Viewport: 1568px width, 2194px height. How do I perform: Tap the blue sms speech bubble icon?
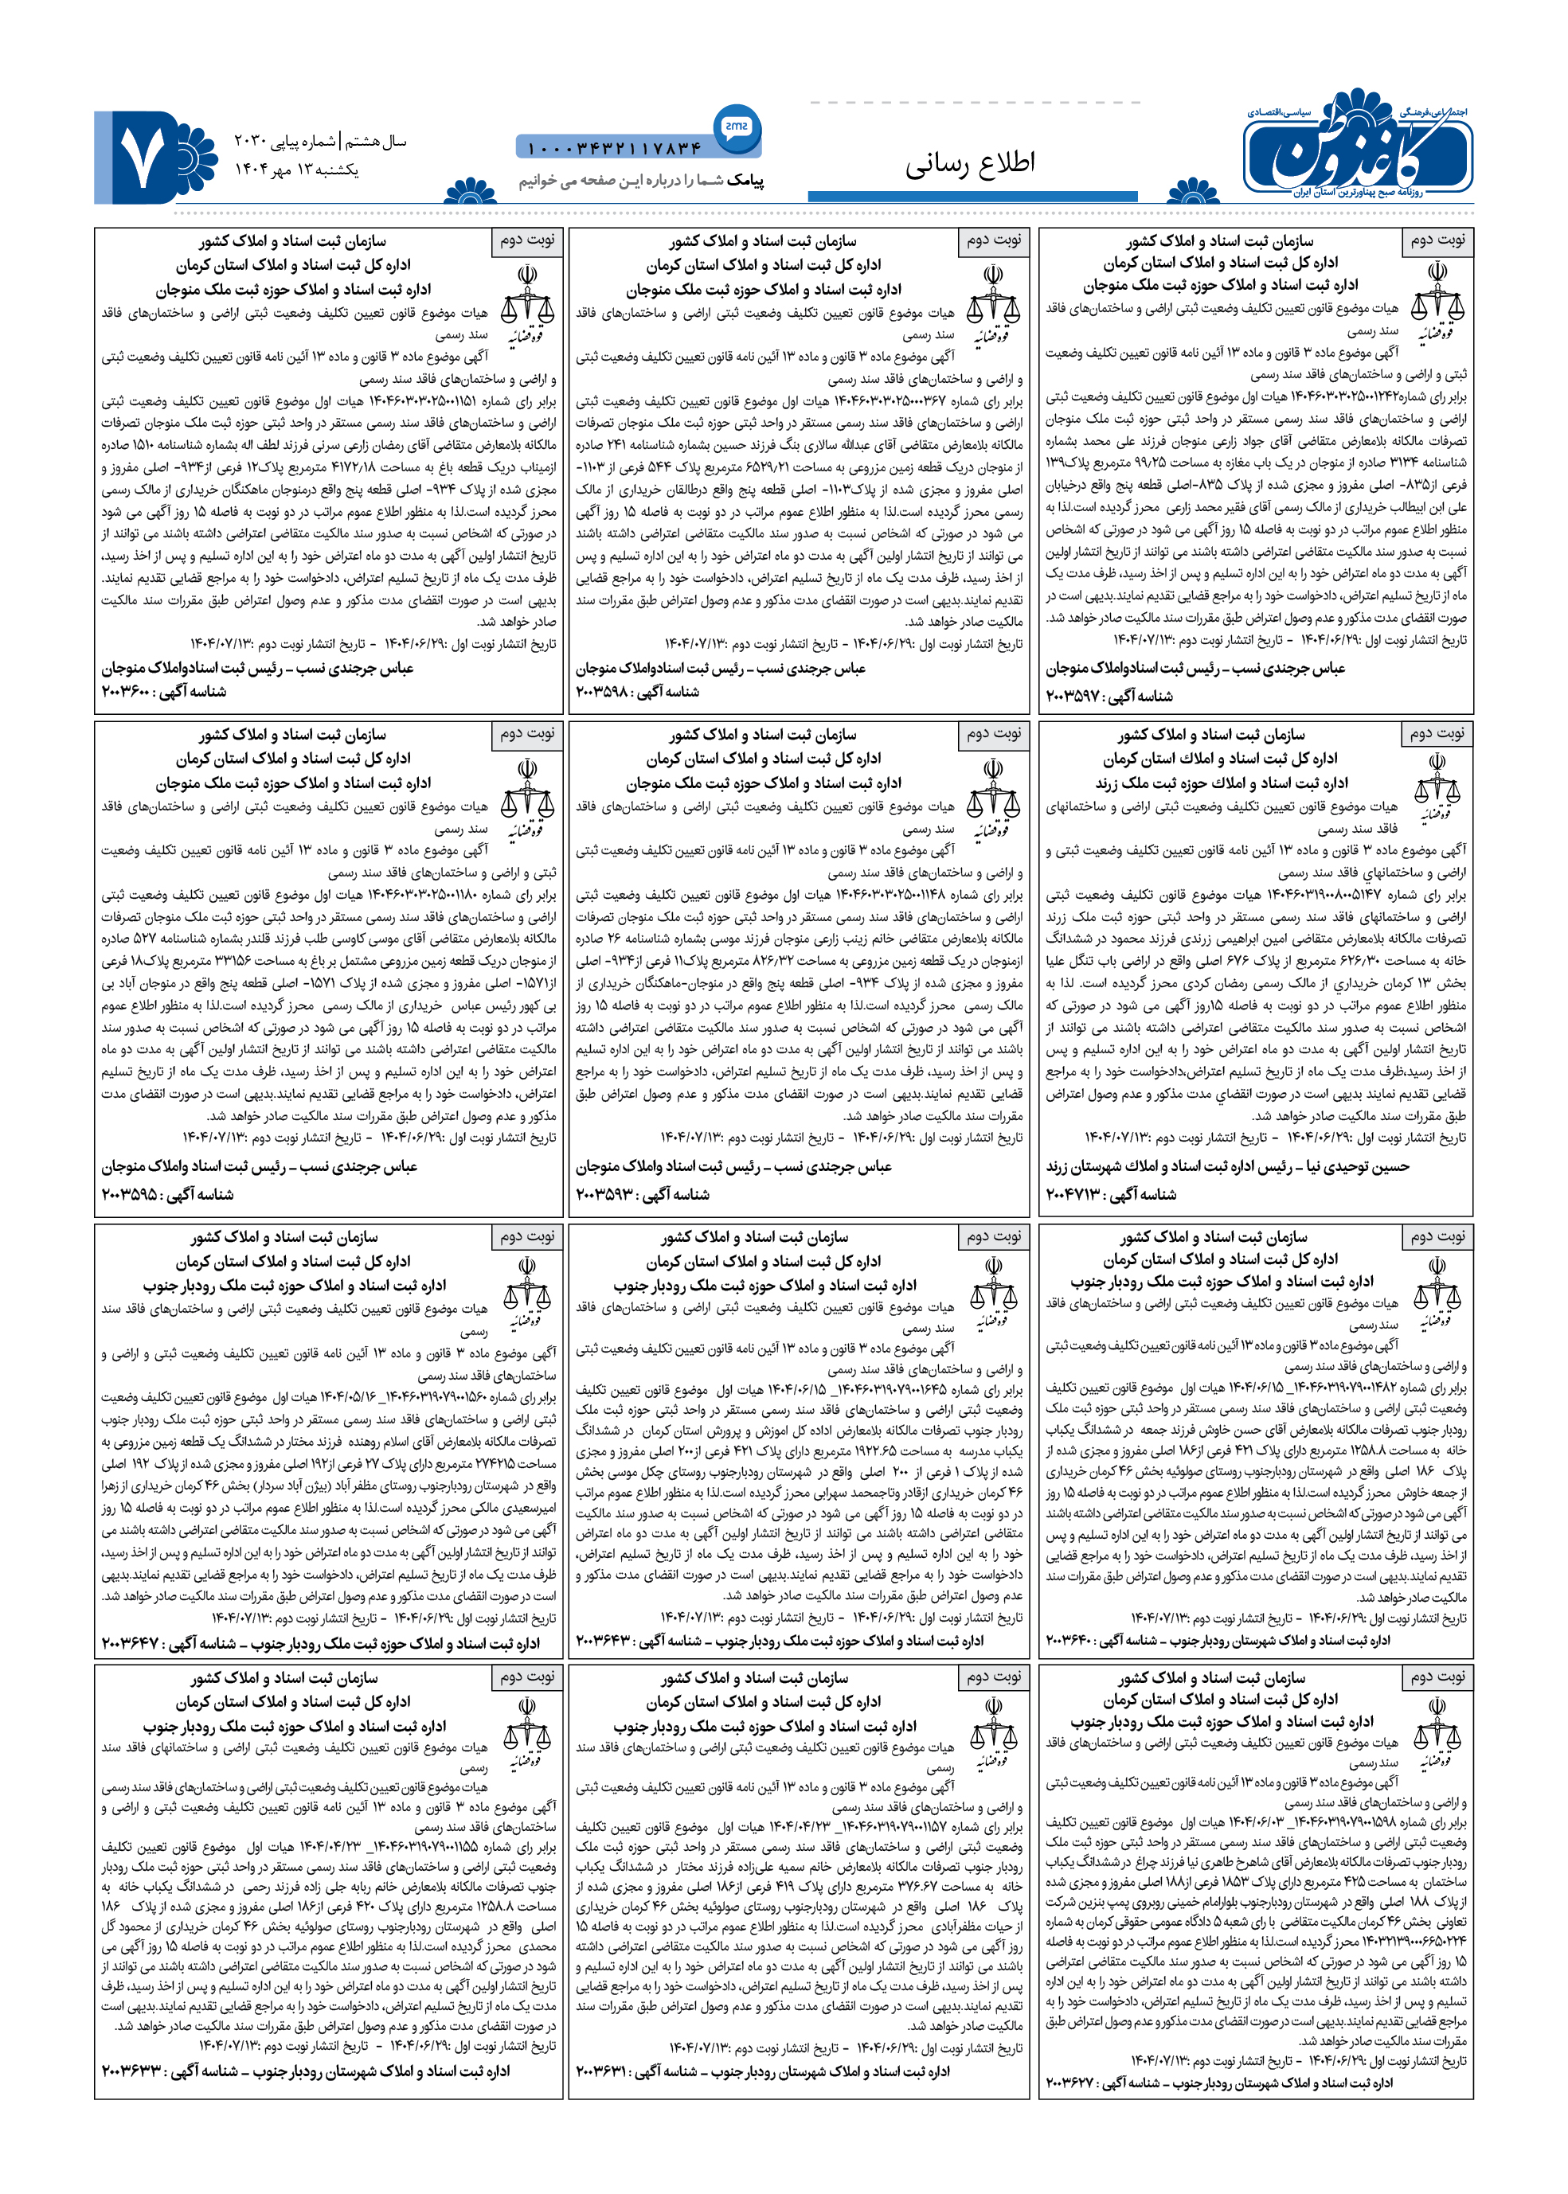[737, 127]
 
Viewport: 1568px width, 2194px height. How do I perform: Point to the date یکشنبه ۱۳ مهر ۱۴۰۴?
[296, 170]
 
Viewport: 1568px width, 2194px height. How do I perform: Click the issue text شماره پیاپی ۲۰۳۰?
[283, 141]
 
